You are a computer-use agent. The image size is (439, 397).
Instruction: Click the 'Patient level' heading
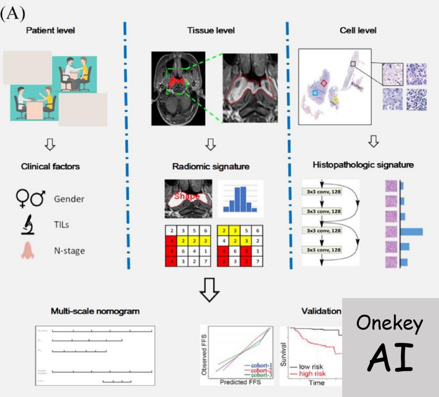tap(50, 31)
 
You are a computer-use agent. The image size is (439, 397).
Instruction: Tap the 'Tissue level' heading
tap(211, 31)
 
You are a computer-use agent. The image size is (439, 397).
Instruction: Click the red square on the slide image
tap(324, 83)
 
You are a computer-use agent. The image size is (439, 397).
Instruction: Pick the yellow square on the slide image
tap(335, 99)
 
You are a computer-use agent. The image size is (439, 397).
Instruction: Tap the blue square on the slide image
tap(315, 93)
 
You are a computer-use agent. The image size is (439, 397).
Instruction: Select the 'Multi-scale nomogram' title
tap(95, 311)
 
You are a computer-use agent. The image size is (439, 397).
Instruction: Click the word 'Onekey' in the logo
tap(390, 323)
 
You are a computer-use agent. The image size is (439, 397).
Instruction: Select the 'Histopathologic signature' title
tap(363, 165)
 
